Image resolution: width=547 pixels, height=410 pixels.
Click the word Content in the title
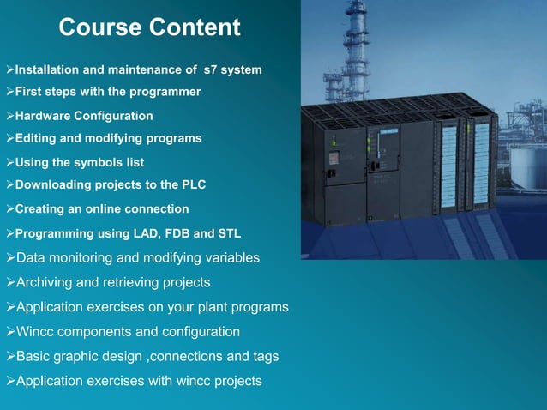(194, 27)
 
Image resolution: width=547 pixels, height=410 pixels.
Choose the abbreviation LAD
(149, 232)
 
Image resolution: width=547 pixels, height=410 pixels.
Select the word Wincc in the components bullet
(37, 331)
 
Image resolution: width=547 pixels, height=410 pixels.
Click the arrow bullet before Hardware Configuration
(9, 115)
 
